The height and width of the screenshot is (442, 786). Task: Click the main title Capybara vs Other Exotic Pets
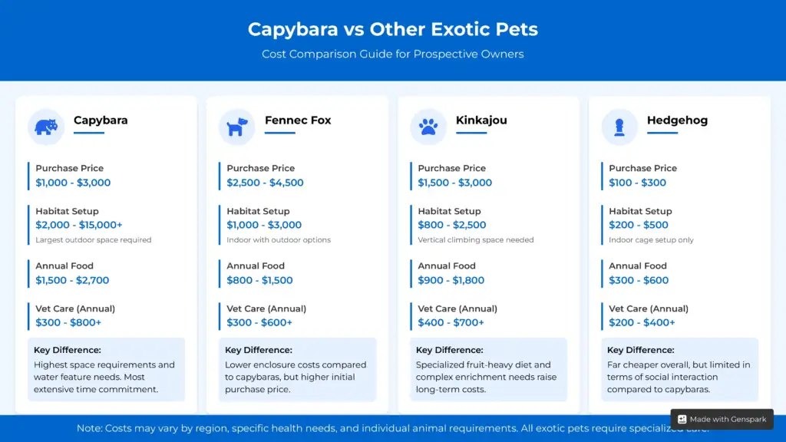pos(392,30)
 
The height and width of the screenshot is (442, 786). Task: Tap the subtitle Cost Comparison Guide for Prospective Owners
pos(392,54)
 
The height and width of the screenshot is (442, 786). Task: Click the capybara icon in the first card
pos(46,127)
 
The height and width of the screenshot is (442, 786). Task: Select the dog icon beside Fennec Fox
pos(237,127)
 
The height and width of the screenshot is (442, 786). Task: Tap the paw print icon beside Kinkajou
pos(428,127)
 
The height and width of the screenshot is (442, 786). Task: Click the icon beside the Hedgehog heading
pos(619,127)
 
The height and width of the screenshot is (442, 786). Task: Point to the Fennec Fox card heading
pos(298,120)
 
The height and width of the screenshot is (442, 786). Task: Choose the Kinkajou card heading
pos(481,120)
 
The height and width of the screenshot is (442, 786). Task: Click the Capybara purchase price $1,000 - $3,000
pos(73,183)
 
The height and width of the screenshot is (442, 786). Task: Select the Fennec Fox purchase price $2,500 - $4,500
pos(265,183)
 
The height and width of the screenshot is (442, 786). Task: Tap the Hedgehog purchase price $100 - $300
pos(637,183)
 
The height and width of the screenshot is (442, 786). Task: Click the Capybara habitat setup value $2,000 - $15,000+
pos(78,225)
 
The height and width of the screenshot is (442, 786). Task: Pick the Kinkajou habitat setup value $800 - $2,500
pos(451,225)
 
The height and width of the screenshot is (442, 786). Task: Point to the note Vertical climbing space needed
pos(475,240)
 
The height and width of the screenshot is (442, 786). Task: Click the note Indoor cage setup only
pos(651,240)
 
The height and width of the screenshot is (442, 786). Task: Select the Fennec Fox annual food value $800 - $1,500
pos(259,280)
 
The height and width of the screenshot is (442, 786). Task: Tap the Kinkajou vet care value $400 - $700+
pos(451,322)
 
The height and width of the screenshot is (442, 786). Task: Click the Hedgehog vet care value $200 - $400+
pos(642,322)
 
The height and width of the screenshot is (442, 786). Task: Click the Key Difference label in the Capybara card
pos(67,350)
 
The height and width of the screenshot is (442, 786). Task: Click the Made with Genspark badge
pos(722,419)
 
